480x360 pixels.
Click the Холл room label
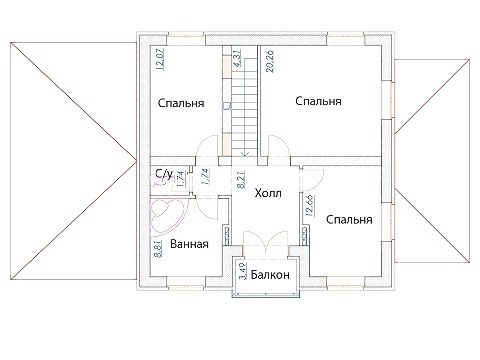(x=268, y=193)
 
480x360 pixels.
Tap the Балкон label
(x=270, y=275)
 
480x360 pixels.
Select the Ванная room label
(x=189, y=244)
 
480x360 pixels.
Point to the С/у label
(x=164, y=173)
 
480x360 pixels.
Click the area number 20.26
(x=270, y=61)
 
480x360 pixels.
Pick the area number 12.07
(x=161, y=59)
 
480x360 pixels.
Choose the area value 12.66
(x=309, y=206)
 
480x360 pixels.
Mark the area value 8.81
(x=158, y=249)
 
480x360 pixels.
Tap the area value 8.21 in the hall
(x=242, y=180)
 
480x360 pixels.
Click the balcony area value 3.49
(x=243, y=271)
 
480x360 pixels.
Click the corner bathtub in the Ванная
(x=168, y=216)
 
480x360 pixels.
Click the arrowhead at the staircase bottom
(x=245, y=154)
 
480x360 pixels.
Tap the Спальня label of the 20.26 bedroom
(x=318, y=101)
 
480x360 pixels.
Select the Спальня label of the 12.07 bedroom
(x=181, y=103)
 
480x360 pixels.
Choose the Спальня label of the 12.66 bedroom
(x=349, y=220)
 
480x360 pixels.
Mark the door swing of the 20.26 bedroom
(x=278, y=145)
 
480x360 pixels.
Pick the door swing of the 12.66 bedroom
(x=312, y=180)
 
